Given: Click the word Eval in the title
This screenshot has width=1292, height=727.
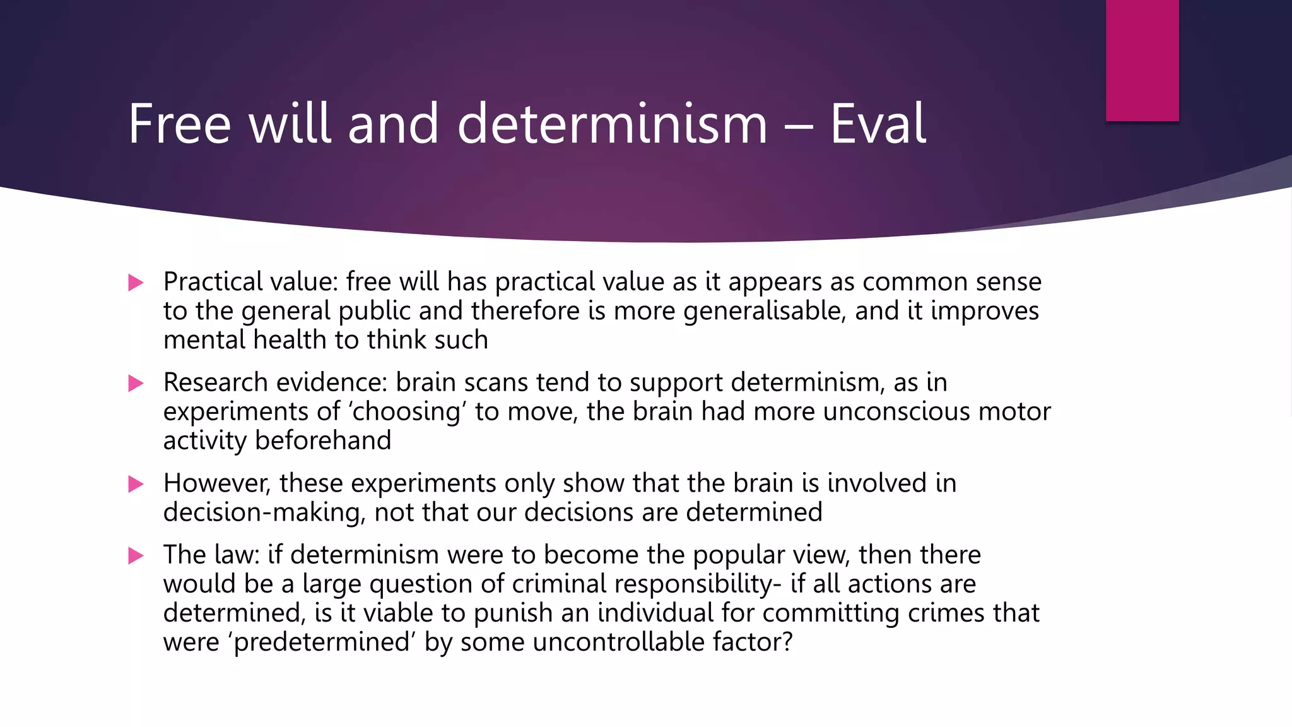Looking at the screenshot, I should pyautogui.click(x=878, y=124).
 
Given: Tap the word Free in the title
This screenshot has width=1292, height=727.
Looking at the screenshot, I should pyautogui.click(x=179, y=124).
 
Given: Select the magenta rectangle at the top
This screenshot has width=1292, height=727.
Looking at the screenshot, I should pyautogui.click(x=1142, y=60).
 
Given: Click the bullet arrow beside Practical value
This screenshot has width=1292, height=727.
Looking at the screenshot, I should pyautogui.click(x=136, y=282).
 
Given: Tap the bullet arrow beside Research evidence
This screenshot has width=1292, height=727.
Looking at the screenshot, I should pyautogui.click(x=136, y=383).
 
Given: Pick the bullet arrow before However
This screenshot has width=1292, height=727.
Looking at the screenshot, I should pyautogui.click(x=136, y=484).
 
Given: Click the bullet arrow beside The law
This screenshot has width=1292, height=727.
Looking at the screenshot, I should pyautogui.click(x=136, y=555).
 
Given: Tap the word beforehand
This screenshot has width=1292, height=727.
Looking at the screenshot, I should pyautogui.click(x=322, y=440).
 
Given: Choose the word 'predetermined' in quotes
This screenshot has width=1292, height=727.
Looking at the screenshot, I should pyautogui.click(x=321, y=642).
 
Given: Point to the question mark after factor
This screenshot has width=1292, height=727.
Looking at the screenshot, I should pyautogui.click(x=787, y=642).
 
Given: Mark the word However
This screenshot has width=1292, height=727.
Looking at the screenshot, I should pyautogui.click(x=216, y=483).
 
